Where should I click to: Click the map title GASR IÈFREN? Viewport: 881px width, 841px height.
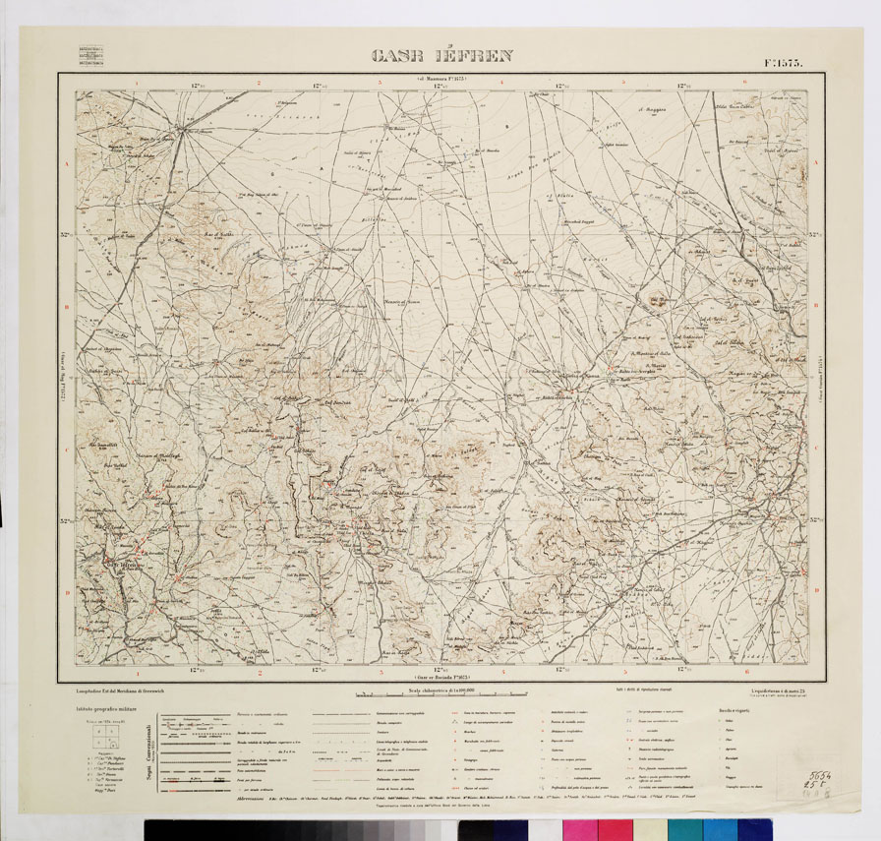tap(441, 56)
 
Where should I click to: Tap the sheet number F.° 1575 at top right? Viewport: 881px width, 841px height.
tap(783, 62)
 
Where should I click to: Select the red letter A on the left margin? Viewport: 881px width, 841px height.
tap(66, 165)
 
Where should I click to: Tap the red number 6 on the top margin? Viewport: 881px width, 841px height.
tap(747, 83)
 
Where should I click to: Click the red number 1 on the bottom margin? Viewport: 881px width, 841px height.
tap(138, 674)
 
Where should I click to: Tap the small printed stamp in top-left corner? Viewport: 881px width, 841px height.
tap(94, 54)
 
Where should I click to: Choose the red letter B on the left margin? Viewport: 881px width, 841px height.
tap(66, 307)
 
